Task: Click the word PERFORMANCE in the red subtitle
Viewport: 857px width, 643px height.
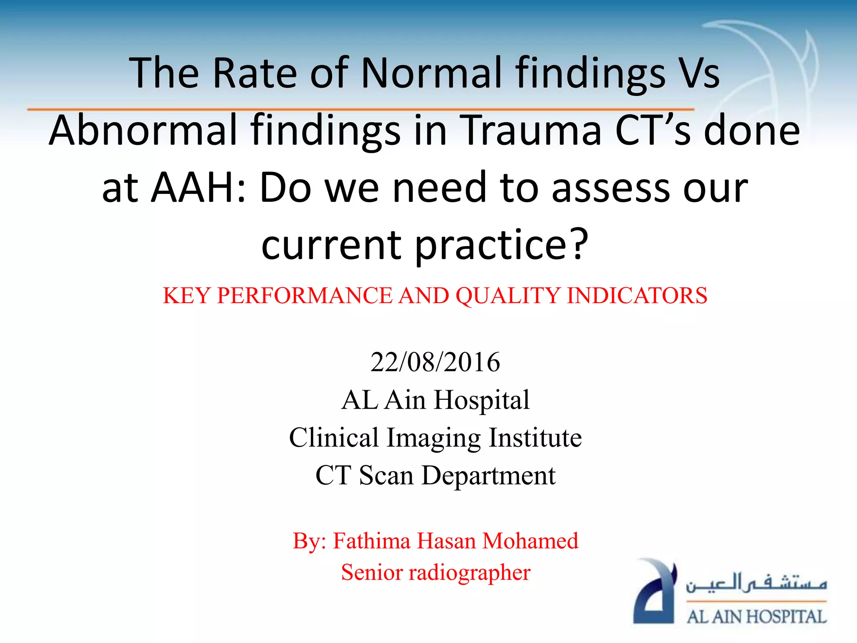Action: (305, 296)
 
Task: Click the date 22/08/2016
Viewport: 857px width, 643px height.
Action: (435, 362)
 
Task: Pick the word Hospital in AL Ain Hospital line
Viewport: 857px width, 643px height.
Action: (482, 400)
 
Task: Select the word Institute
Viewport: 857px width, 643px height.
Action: (535, 437)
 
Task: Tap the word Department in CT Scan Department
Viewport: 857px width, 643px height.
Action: (488, 476)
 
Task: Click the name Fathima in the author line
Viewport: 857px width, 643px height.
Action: (372, 541)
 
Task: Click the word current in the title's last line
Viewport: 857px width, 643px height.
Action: (331, 244)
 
